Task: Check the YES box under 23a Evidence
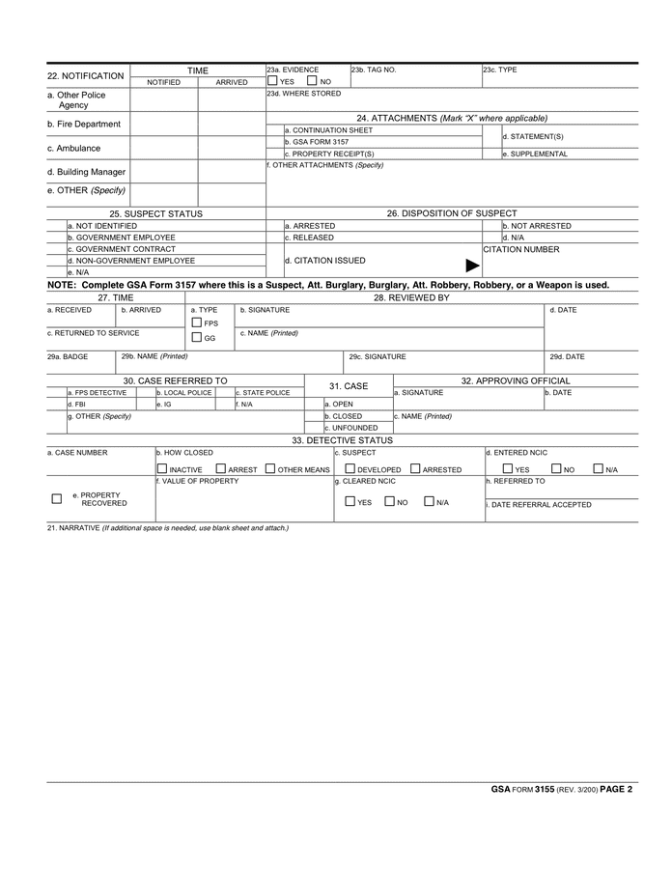tap(272, 81)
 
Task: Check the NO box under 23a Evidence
tap(312, 81)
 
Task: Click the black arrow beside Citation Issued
tap(472, 266)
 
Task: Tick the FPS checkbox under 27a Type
tap(196, 322)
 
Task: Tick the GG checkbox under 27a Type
tap(196, 338)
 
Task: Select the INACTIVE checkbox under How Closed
tap(161, 469)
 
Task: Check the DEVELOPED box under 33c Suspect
tap(350, 469)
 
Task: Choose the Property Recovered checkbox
tap(56, 498)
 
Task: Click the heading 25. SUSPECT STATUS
tap(155, 213)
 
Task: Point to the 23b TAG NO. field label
tap(373, 70)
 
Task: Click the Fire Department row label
tap(84, 125)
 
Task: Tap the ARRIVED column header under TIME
tap(232, 82)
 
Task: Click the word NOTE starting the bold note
tap(62, 286)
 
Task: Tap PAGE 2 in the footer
tap(615, 789)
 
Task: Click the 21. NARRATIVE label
tap(72, 528)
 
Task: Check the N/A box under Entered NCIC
tap(599, 469)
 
